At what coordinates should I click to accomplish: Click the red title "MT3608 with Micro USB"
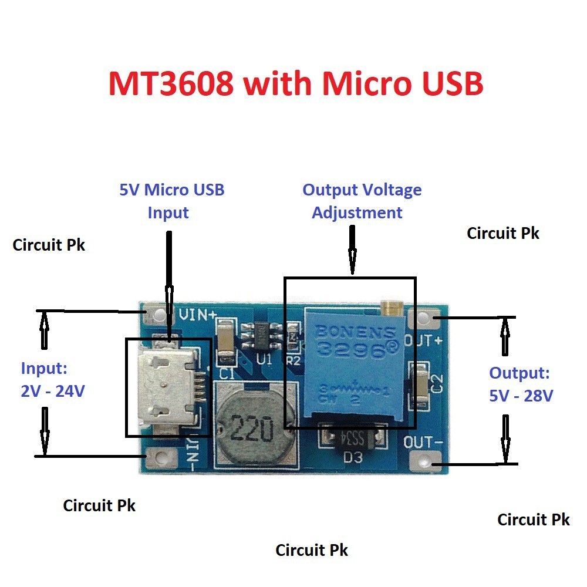(295, 83)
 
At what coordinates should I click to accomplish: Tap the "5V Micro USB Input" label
(171, 201)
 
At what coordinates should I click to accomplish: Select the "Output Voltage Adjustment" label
(361, 201)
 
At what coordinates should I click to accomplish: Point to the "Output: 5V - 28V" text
(521, 384)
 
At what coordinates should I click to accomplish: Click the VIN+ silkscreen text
(197, 315)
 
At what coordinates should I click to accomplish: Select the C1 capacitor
(226, 340)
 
